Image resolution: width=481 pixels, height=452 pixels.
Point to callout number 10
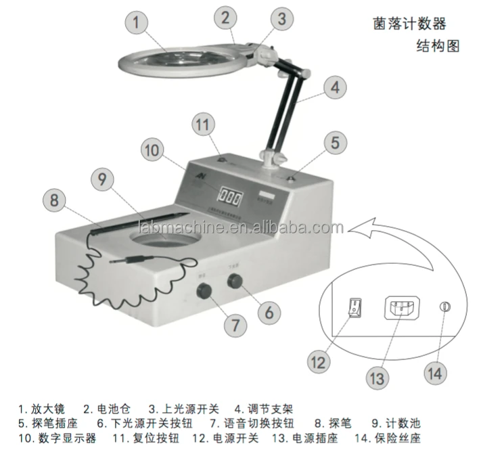(155, 150)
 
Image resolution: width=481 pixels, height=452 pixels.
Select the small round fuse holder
(444, 307)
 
